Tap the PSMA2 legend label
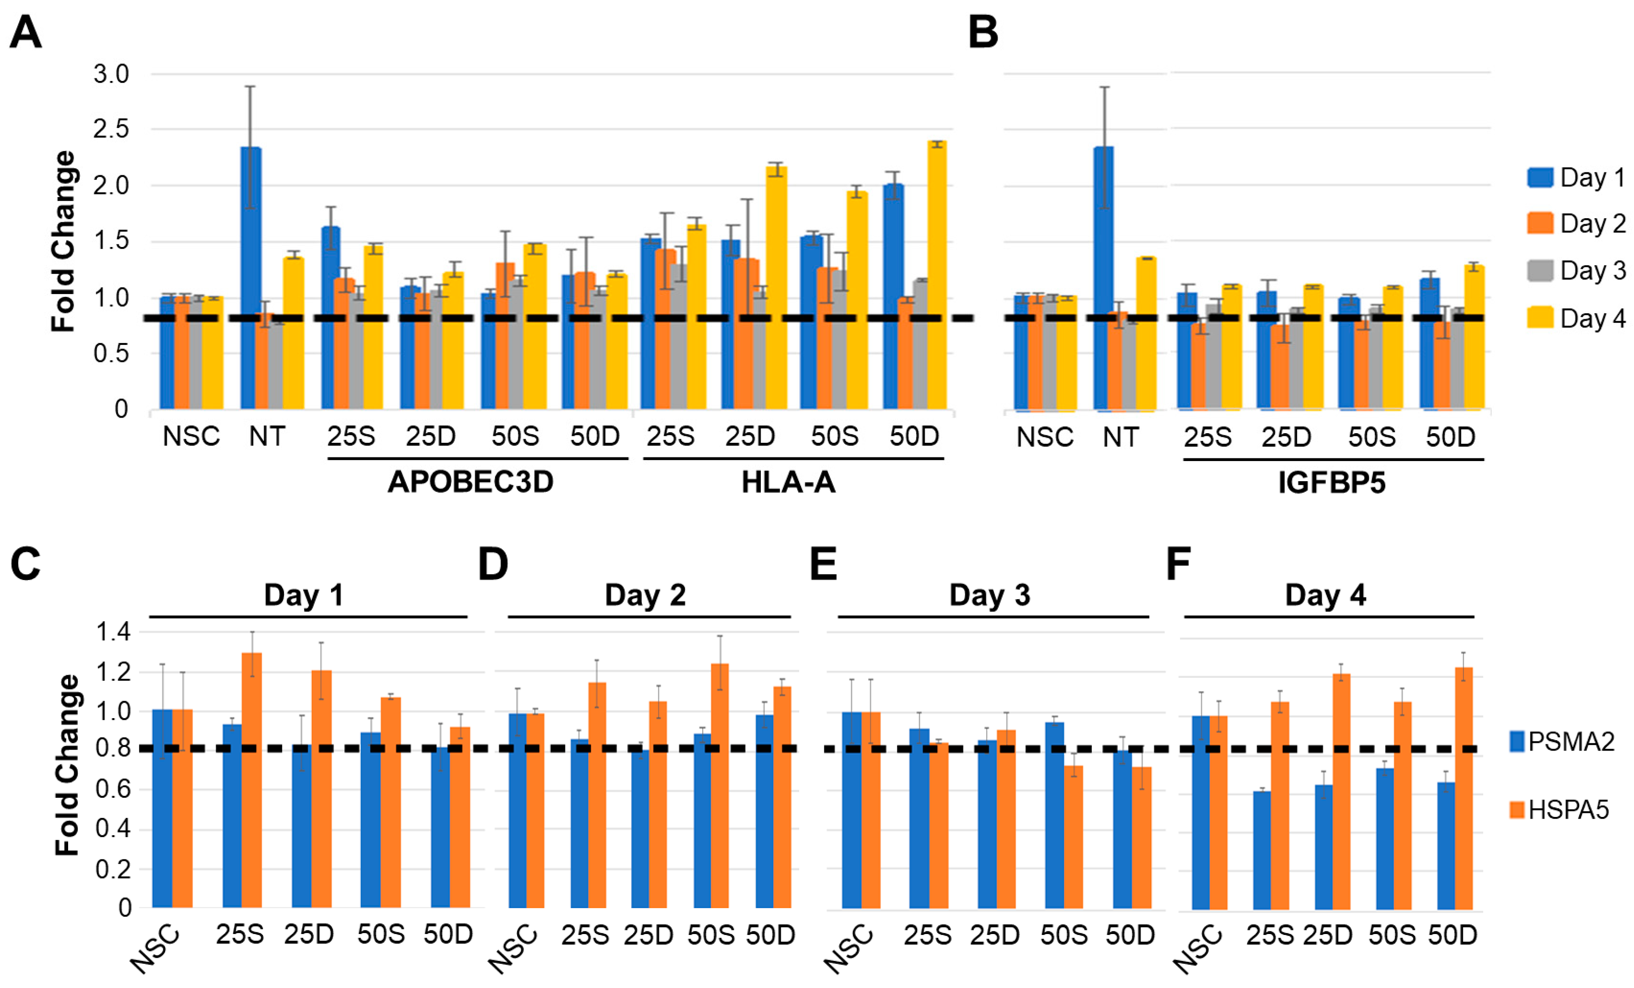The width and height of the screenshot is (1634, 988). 1571,741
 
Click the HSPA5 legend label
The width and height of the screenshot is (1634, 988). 1568,810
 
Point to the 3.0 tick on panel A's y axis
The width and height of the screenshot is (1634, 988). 112,74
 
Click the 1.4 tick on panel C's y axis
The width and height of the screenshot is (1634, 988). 113,632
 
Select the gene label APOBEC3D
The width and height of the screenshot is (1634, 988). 470,482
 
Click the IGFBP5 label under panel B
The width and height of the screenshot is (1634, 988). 1332,483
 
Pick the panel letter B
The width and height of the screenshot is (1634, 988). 983,32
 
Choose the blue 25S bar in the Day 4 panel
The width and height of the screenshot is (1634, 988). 1262,849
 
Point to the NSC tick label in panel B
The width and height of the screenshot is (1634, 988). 1045,437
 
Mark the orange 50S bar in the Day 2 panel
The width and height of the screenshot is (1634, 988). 720,786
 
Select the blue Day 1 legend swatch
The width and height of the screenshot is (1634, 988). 1540,177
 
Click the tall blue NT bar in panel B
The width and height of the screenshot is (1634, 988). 1104,278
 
